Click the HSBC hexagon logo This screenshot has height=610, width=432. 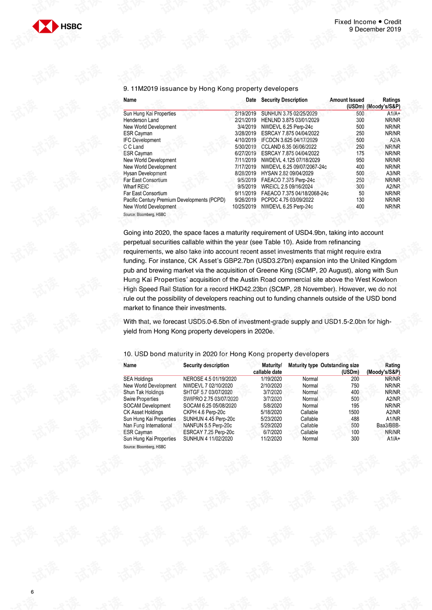tap(45, 27)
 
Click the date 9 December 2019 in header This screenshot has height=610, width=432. tap(375, 30)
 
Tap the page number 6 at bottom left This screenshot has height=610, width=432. tap(32, 592)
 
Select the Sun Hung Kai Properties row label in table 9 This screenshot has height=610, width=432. tap(149, 114)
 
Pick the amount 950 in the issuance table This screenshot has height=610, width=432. tap(360, 160)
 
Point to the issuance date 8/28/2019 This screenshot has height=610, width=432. tap(245, 174)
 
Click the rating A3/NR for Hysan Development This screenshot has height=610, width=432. tap(393, 174)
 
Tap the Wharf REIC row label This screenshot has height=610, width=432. tap(136, 187)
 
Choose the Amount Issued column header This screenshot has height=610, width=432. tap(346, 100)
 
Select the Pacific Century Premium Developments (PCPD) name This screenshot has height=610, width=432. tap(174, 200)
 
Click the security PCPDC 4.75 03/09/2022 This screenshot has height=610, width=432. tap(287, 200)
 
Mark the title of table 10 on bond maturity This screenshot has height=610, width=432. tap(226, 354)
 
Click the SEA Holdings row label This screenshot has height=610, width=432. tap(138, 379)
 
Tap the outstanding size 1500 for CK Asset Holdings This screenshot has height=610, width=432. tap(354, 412)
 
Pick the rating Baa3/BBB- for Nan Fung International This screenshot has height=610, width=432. tap(388, 426)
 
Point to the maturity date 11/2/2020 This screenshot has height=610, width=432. tap(271, 439)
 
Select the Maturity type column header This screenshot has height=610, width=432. tap(303, 365)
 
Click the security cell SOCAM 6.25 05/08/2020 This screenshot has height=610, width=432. tap(210, 405)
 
